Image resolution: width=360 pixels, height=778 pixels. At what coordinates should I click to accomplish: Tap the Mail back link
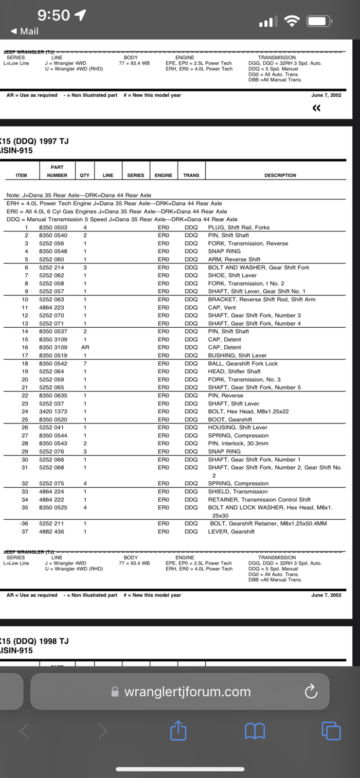tap(24, 31)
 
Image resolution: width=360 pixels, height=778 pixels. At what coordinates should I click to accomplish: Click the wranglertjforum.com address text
tap(187, 691)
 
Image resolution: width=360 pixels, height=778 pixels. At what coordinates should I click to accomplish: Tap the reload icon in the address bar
tap(311, 691)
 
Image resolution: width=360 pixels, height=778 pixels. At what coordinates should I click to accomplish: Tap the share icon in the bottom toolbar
tap(178, 730)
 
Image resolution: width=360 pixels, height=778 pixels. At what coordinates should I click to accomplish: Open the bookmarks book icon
tap(255, 730)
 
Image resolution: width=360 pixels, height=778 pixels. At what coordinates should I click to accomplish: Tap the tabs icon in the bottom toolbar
tap(331, 730)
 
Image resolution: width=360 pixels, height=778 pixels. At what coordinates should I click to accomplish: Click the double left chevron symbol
tap(316, 108)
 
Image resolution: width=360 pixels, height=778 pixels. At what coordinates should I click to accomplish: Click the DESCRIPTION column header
tap(280, 175)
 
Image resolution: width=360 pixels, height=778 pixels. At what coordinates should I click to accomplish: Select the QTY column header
tap(85, 175)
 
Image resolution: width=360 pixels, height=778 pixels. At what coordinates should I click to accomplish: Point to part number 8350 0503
tap(53, 228)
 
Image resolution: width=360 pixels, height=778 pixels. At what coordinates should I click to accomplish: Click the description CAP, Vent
tap(222, 307)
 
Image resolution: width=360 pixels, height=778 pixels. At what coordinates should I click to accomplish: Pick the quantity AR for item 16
tap(85, 348)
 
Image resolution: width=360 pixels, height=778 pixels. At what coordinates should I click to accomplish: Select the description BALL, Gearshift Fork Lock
tap(243, 364)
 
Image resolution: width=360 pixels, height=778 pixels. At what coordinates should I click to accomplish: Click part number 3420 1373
tap(53, 411)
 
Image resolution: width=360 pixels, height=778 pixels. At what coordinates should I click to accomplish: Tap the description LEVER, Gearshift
tap(231, 531)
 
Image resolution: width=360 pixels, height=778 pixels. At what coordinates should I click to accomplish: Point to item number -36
tap(24, 524)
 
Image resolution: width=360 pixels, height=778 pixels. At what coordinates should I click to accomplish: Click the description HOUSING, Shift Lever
tap(238, 427)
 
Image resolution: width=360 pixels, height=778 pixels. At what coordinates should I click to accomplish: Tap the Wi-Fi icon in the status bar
tap(292, 21)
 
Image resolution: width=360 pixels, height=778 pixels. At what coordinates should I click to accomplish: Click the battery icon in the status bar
tap(319, 21)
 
